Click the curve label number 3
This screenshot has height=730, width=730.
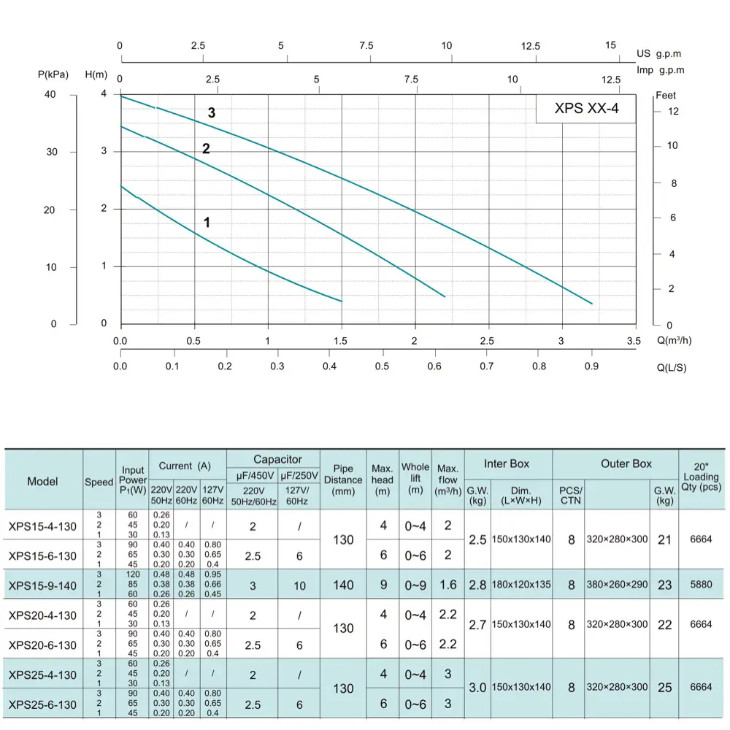pyautogui.click(x=212, y=113)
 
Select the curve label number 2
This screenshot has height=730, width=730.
pyautogui.click(x=206, y=149)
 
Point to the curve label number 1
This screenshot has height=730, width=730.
pyautogui.click(x=207, y=223)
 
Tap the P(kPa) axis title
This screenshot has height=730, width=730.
pyautogui.click(x=53, y=74)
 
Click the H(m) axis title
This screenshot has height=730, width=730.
pyautogui.click(x=97, y=74)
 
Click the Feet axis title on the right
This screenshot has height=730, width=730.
pyautogui.click(x=666, y=96)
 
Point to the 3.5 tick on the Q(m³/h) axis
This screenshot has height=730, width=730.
pyautogui.click(x=633, y=341)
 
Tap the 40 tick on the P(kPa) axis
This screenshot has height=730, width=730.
pyautogui.click(x=51, y=95)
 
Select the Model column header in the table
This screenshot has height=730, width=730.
pyautogui.click(x=43, y=481)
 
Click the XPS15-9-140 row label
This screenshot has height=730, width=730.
pyautogui.click(x=42, y=585)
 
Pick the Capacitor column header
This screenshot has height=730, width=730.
pyautogui.click(x=277, y=459)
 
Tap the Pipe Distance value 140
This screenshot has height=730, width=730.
pyautogui.click(x=343, y=585)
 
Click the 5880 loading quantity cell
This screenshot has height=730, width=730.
pyautogui.click(x=701, y=585)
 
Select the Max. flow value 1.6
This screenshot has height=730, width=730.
pyautogui.click(x=447, y=585)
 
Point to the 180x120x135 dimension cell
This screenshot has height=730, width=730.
pyautogui.click(x=521, y=585)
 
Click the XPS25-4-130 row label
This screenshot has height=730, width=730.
pyautogui.click(x=42, y=675)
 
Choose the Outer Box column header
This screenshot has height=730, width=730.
pyautogui.click(x=626, y=464)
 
